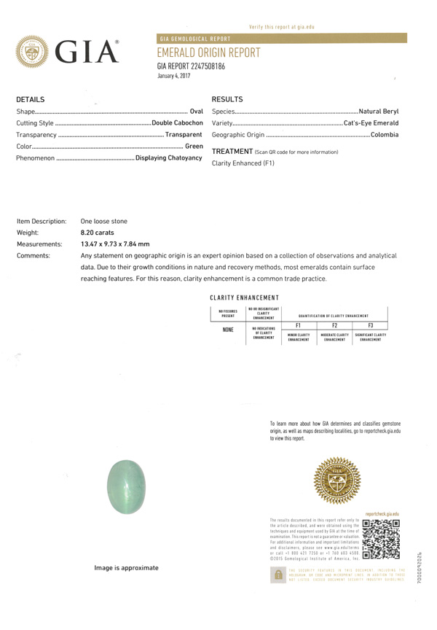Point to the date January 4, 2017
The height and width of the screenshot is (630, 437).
174,76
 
